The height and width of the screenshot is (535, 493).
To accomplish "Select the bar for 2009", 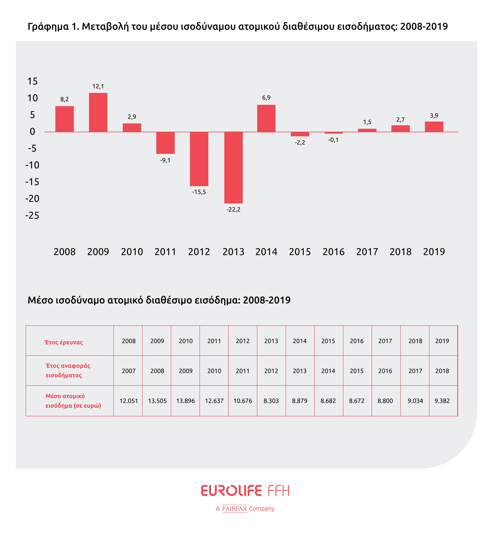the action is [98, 112].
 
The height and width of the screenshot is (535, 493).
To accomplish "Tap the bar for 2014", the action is [266, 118].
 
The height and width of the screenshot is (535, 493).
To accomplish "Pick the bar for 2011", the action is [165, 143].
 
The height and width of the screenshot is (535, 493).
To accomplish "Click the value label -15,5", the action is [199, 192].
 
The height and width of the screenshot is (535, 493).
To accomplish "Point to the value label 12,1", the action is [98, 86].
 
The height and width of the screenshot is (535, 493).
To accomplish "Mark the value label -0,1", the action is [333, 140].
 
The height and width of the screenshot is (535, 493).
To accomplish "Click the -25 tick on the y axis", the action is [32, 215].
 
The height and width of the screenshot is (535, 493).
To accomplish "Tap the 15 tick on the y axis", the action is [33, 81].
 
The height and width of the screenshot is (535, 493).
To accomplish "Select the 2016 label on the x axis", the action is [333, 252].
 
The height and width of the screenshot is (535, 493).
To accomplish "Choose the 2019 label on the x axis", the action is [434, 252].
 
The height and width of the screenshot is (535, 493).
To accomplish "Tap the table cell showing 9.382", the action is [442, 401].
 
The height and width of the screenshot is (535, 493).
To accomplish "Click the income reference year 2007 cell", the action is [129, 371].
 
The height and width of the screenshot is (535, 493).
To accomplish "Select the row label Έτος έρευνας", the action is [63, 342].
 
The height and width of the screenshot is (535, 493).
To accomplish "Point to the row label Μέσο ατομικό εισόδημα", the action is [73, 401].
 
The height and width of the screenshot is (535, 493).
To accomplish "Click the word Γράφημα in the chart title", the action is [48, 27].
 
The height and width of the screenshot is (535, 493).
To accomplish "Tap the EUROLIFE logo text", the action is [231, 491].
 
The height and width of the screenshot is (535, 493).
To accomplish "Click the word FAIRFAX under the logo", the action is [234, 509].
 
